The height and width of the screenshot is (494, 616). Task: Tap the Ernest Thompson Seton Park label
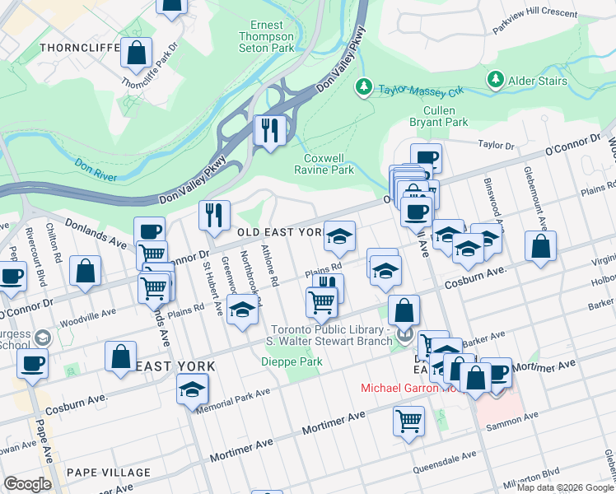pos(266,36)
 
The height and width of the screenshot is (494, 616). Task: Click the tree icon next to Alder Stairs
pos(495,80)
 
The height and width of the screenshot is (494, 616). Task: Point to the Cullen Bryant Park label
pos(445,116)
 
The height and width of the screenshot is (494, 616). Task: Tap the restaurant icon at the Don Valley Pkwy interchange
pos(269,130)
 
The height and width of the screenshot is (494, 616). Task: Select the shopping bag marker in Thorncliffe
pos(137,53)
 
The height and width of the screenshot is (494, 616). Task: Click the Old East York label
pos(280,233)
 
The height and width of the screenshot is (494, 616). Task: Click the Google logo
pos(27,483)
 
